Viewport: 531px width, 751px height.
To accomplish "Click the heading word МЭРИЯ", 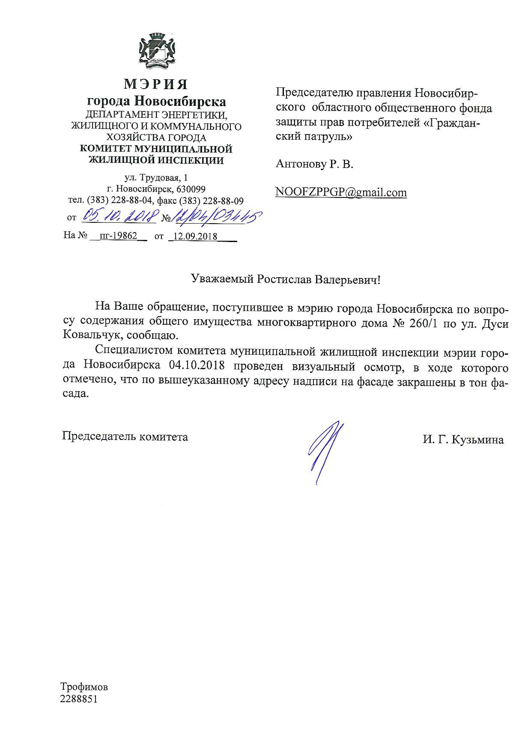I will coord(156,84).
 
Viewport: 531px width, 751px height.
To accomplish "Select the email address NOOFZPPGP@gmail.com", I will coord(341,192).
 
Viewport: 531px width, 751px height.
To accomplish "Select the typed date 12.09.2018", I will coord(194,236).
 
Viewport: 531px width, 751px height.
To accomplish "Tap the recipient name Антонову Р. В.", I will coord(314,164).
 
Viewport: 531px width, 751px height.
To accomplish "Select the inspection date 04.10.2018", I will coord(197,368).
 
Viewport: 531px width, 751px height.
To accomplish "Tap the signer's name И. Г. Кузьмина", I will coord(463,440).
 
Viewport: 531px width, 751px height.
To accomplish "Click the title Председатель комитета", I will coord(125,437).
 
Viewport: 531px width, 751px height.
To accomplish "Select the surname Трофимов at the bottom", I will coord(84,687).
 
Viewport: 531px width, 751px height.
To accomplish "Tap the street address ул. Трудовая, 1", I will coord(156,177).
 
